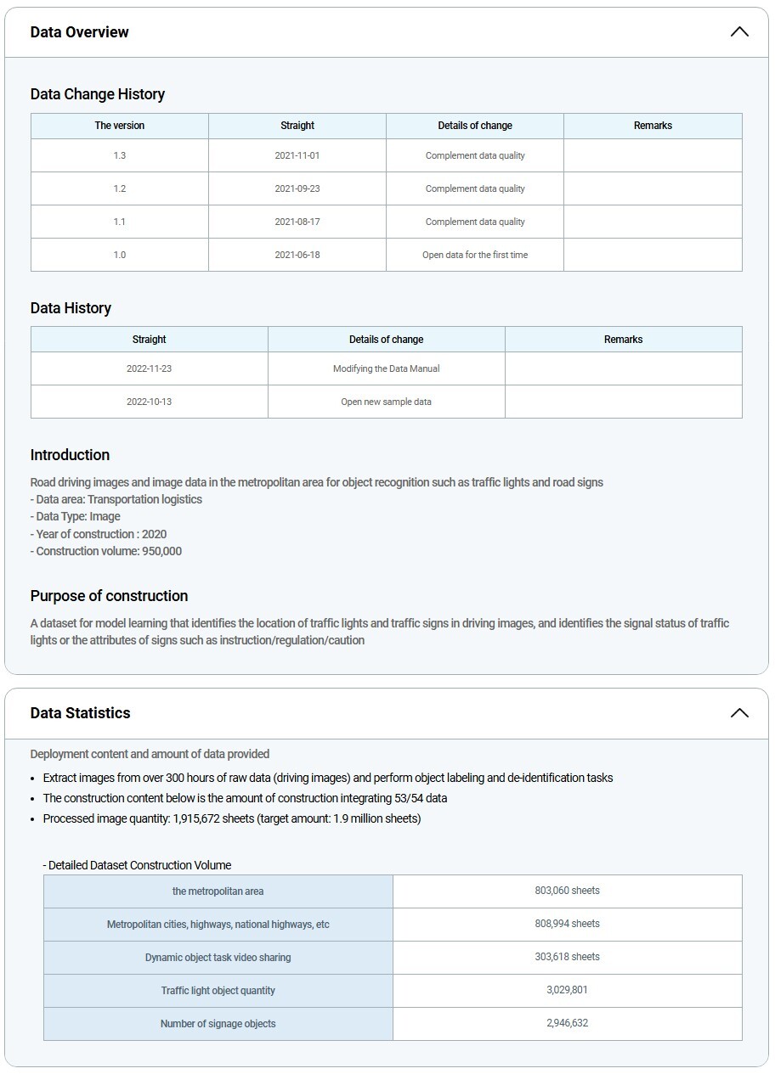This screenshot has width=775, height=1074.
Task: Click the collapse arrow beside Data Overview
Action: [738, 32]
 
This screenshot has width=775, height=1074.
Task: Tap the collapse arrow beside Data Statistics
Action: [738, 713]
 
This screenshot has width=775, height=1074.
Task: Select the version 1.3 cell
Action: [120, 156]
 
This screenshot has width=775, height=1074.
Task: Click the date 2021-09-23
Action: [297, 189]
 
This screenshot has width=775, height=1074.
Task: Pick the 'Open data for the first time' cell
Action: [475, 255]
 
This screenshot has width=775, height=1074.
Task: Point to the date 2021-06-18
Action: [297, 255]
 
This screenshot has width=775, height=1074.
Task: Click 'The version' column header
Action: [120, 126]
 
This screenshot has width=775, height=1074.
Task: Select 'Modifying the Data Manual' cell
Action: [387, 369]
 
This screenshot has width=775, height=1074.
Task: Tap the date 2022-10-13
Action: [150, 402]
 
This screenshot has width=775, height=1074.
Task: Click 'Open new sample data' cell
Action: [387, 402]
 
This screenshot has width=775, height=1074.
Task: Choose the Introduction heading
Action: [70, 455]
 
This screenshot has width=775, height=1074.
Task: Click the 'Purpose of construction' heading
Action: [109, 596]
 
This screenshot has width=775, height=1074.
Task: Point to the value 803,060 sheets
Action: [568, 891]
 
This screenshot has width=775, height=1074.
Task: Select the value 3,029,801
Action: [568, 990]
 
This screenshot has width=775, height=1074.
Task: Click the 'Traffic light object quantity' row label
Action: [218, 991]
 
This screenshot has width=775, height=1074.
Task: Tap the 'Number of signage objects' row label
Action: [218, 1024]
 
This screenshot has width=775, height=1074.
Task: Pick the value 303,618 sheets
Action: [568, 957]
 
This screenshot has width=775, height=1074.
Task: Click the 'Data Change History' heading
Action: [98, 94]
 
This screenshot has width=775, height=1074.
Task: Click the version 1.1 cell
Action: [120, 222]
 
